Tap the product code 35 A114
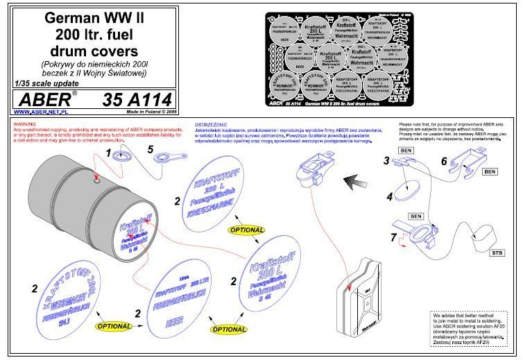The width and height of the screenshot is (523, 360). (x=136, y=99)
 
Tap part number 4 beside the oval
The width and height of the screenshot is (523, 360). (x=390, y=196)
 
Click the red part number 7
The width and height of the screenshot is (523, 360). (x=393, y=239)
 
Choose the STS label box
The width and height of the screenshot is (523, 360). (x=497, y=253)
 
